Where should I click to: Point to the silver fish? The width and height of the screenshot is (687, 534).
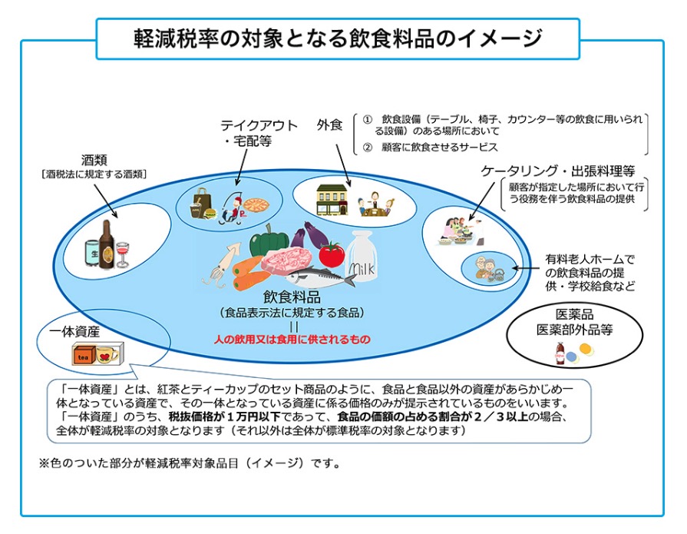coord(320,276)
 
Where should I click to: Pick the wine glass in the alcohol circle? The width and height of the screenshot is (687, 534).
coord(122,254)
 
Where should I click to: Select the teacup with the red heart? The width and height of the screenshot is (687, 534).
coord(107,355)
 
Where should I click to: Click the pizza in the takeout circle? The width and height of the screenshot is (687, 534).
coord(256,204)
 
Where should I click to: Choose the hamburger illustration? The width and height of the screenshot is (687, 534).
coord(211,213)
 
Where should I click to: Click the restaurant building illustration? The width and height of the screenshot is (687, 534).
coord(332,200)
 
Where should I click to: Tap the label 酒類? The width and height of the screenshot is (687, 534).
coord(94,161)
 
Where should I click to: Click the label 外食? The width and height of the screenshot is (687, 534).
coord(329,125)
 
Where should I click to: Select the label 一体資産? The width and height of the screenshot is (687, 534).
coord(74,332)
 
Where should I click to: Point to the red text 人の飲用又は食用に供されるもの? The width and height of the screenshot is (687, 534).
coord(292,340)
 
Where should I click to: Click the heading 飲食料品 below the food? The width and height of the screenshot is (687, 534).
coord(292,297)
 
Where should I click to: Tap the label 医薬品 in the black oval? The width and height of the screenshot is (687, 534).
coord(574,314)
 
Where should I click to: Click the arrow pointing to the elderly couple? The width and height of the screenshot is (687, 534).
coord(526,268)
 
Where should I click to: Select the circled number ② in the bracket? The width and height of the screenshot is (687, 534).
coord(367,148)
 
